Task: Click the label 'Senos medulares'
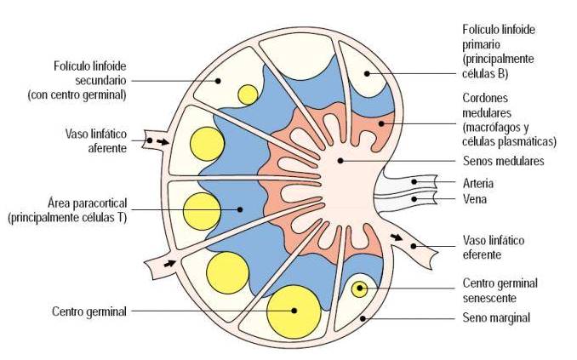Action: tap(504, 161)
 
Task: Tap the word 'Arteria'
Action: tap(478, 183)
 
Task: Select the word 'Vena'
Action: tap(475, 199)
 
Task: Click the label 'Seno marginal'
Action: tap(496, 317)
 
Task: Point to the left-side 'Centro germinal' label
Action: tap(89, 311)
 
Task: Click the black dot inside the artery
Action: tap(414, 181)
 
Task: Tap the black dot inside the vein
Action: tap(414, 199)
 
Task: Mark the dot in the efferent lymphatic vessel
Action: tap(414, 246)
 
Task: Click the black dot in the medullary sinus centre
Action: tap(340, 161)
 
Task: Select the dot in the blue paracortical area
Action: tap(240, 209)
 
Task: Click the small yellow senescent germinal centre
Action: tap(359, 289)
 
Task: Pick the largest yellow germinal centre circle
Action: tap(294, 311)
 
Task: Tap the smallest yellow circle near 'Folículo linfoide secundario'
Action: tap(248, 95)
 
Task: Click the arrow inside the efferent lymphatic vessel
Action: tap(397, 237)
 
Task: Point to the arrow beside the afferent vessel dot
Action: tap(163, 142)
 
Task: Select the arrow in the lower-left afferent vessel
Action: tap(169, 263)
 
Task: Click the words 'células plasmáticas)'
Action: tap(509, 142)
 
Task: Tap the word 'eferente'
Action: tap(482, 254)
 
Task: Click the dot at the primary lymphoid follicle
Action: tap(367, 74)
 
